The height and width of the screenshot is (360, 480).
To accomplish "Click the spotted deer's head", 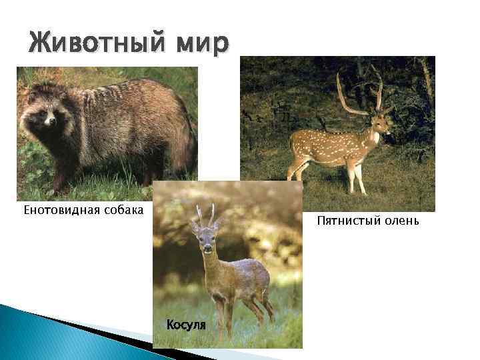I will [378, 124].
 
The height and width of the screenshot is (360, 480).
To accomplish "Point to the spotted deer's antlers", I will [360, 93].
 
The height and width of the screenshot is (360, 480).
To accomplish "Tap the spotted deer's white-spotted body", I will [330, 147].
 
